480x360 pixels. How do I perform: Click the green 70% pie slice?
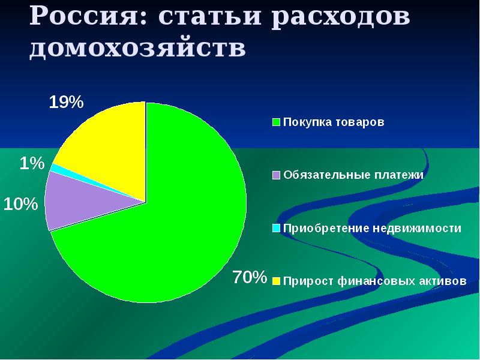[180, 228]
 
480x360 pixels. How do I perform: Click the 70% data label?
[249, 277]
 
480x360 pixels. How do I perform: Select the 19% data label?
[65, 102]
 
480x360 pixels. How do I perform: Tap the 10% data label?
[20, 204]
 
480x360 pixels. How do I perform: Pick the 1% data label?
[31, 163]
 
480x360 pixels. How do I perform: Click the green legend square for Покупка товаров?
[277, 122]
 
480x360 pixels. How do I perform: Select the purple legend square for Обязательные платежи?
[277, 175]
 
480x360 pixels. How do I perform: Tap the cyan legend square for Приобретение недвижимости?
[277, 228]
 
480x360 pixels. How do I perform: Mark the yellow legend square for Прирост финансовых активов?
[277, 281]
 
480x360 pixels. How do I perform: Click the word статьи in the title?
[209, 17]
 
